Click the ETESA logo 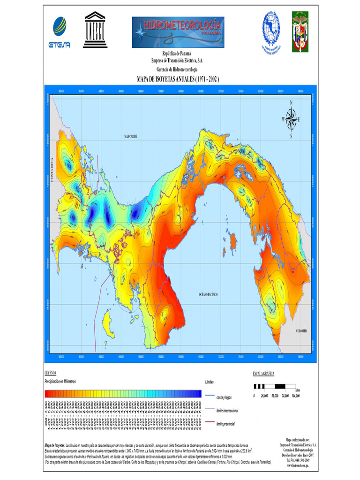[x=59, y=32]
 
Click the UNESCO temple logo [x=95, y=30]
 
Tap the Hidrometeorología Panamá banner [x=178, y=32]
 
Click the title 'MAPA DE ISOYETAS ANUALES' [x=178, y=79]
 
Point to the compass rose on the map [x=291, y=119]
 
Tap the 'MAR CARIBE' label [x=131, y=136]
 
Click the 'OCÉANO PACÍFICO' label [x=209, y=294]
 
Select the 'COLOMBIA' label [x=302, y=331]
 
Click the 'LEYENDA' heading [x=51, y=374]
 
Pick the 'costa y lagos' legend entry [x=225, y=397]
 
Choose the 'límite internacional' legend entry [x=227, y=411]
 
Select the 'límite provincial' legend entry [x=225, y=424]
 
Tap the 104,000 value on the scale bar [x=295, y=396]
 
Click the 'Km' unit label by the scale [x=298, y=390]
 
